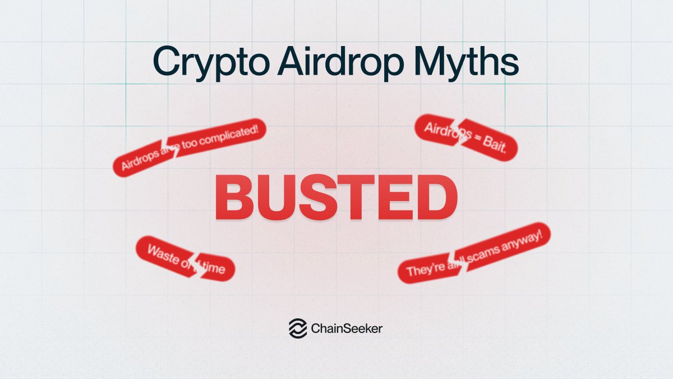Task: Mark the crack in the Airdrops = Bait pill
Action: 457,134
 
